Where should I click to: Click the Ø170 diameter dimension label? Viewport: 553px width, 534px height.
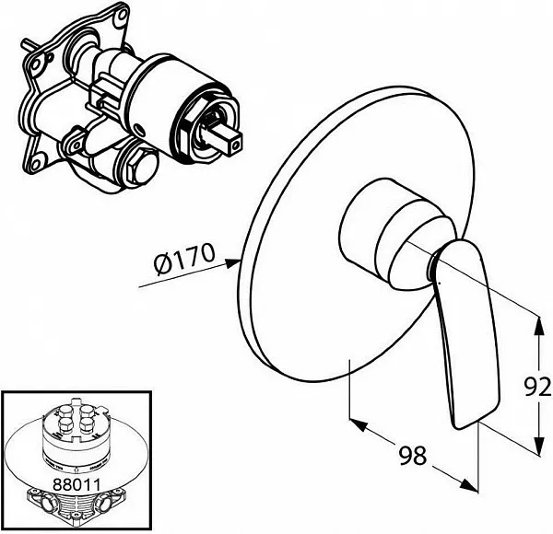coord(184,261)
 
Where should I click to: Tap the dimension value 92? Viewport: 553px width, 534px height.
coord(537,387)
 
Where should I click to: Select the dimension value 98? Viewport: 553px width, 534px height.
coord(412,455)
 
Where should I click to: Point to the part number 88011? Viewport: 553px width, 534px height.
coord(76,484)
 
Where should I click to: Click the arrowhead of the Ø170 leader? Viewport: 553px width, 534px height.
coord(233,263)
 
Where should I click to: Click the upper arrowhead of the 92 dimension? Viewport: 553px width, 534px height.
coord(537,325)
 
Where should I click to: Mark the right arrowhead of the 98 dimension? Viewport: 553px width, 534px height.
coord(469,484)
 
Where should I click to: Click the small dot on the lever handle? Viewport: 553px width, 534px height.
coord(439,282)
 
